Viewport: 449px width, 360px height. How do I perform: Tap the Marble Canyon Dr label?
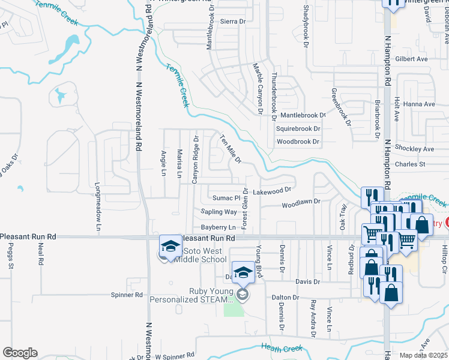[x=259, y=88]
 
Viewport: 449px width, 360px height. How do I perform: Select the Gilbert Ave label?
[x=411, y=59]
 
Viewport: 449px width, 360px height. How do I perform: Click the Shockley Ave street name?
[x=414, y=149]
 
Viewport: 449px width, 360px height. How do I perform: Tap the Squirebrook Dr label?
[x=298, y=128]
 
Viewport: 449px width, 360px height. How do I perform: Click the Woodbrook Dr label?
[x=298, y=142]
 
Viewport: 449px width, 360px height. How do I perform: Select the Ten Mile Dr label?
[x=231, y=148]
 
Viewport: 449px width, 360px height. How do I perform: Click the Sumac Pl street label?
[x=226, y=197]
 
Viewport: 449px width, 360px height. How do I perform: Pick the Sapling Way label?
[x=218, y=212]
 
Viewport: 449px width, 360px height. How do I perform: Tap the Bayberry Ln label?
[x=218, y=227]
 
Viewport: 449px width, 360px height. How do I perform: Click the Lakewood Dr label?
[x=271, y=190]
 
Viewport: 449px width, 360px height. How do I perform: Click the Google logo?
[x=20, y=353]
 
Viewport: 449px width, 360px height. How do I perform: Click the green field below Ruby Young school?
[x=234, y=309]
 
